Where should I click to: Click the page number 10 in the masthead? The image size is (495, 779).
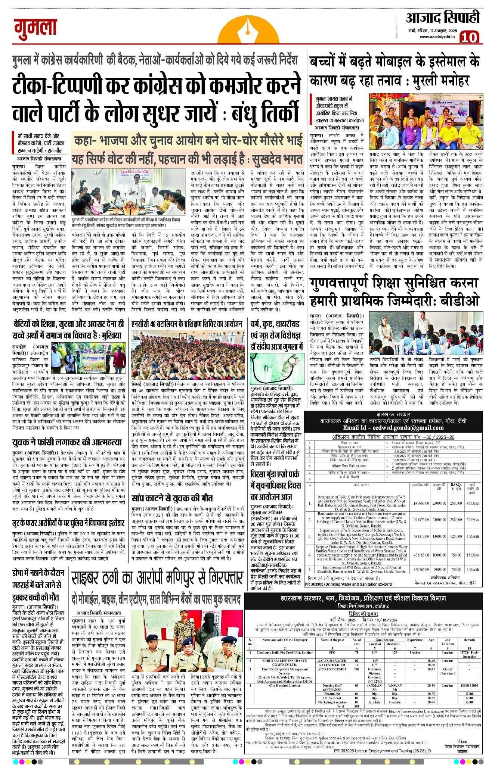coord(468,37)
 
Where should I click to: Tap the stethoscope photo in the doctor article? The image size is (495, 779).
coord(277,368)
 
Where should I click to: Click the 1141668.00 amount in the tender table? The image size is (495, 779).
coord(420,503)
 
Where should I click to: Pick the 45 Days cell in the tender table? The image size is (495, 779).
coord(472,503)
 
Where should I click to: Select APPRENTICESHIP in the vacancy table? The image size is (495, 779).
coord(332,669)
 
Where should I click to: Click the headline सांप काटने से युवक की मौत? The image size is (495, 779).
coord(172,498)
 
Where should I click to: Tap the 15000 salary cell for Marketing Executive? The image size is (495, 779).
coord(469,702)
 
